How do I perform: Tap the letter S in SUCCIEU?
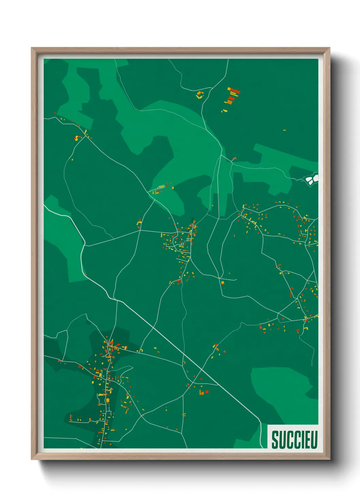pyautogui.click(x=275, y=440)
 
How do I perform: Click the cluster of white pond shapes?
pyautogui.click(x=312, y=178)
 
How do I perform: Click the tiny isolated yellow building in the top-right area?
pyautogui.click(x=284, y=130)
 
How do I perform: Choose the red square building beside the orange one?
pyautogui.click(x=207, y=392)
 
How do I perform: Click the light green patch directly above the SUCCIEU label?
pyautogui.click(x=282, y=392)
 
